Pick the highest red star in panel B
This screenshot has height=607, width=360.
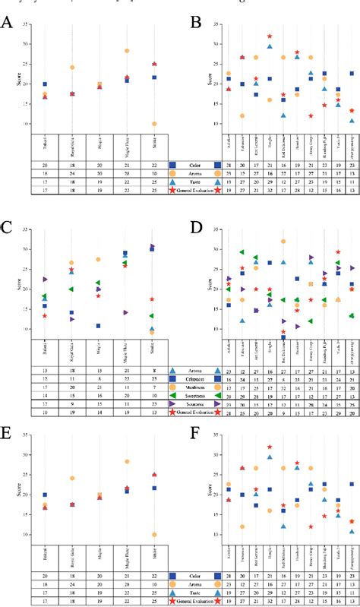point(269,36)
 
